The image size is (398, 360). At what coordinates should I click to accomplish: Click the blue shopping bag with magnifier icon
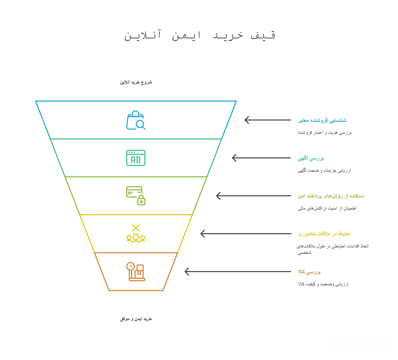coord(136,120)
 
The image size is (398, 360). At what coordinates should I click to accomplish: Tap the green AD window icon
coord(136,158)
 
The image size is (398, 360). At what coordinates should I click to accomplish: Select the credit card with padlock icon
coord(136,196)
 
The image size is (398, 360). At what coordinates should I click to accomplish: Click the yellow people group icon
coord(136,238)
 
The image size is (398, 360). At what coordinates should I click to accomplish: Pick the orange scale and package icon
coord(136,272)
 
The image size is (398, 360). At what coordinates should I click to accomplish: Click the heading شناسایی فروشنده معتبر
coord(322,120)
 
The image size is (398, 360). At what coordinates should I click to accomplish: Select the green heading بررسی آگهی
coord(311,158)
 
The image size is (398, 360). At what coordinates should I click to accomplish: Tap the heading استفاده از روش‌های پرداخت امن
coord(331,196)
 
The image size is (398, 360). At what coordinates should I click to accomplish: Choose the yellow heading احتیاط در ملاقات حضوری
coord(324,234)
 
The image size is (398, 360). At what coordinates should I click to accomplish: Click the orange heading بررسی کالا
coord(309,272)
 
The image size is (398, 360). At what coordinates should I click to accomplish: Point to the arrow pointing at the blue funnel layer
coord(267,120)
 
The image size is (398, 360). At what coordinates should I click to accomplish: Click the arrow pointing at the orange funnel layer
coord(237,272)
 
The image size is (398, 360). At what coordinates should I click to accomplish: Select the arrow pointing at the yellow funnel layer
coord(245,234)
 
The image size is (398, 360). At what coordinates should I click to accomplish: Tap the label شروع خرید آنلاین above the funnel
coord(136,82)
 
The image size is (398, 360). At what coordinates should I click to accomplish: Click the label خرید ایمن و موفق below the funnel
coord(136,319)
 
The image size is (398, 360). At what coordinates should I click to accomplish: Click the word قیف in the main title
coord(263,35)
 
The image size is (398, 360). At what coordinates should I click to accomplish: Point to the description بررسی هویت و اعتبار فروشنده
coord(325,133)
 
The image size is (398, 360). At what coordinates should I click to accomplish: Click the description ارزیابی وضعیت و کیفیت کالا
coord(323,284)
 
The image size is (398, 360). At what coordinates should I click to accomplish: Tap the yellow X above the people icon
coord(136,228)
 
